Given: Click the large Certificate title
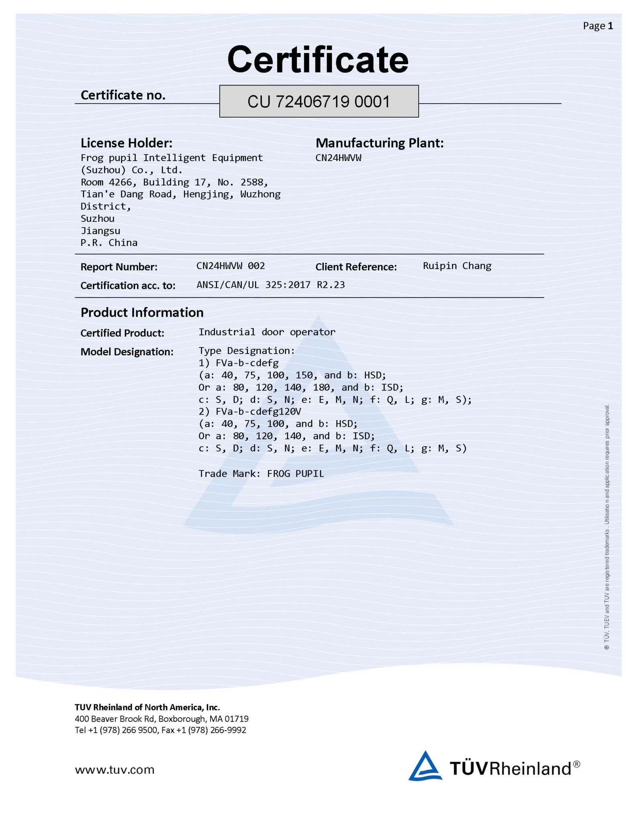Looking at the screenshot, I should (x=318, y=59).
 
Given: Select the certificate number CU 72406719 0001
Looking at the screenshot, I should (x=319, y=102).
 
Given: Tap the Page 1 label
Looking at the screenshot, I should (x=597, y=26).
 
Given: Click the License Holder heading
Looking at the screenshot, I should (x=127, y=143).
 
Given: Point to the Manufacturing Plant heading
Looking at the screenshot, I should (x=380, y=143).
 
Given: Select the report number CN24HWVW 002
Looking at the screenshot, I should (x=231, y=266).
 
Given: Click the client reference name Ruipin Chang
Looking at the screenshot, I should (x=457, y=266).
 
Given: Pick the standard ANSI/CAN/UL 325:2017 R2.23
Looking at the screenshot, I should (x=270, y=285).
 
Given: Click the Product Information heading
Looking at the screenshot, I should (x=142, y=312).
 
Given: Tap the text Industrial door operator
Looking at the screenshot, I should (x=267, y=332).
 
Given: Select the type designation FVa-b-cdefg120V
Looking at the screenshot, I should (x=258, y=411).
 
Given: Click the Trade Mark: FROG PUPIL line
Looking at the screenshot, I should (x=261, y=474).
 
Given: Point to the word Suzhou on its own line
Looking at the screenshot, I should (x=98, y=219).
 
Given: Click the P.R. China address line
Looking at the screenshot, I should (x=109, y=243).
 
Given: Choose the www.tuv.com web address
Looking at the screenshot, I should (x=115, y=769).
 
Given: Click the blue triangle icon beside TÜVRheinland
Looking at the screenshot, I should (x=425, y=766).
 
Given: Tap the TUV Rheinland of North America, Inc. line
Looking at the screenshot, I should (x=147, y=707).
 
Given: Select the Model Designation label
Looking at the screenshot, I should (x=127, y=352).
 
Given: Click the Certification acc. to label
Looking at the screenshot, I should (x=128, y=285).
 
